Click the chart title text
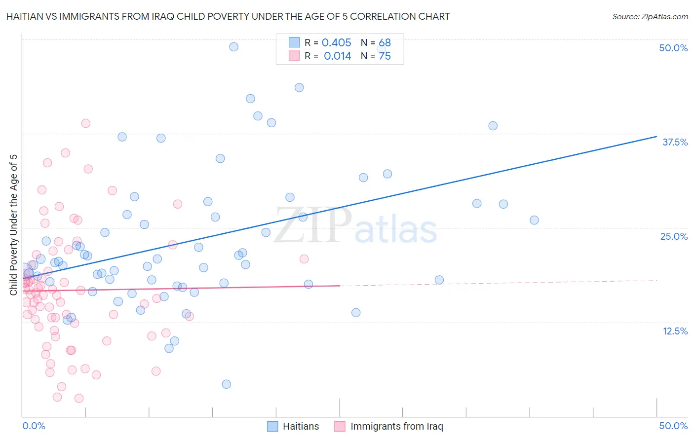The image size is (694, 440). pyautogui.click(x=228, y=16)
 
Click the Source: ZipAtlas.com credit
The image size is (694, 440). pyautogui.click(x=650, y=16)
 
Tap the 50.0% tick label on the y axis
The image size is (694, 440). pyautogui.click(x=673, y=48)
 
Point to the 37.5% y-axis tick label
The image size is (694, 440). pyautogui.click(x=675, y=142)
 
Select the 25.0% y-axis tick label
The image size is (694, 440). pyautogui.click(x=674, y=236)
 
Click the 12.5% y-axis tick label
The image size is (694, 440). pyautogui.click(x=675, y=331)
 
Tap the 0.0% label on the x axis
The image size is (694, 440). pyautogui.click(x=34, y=426)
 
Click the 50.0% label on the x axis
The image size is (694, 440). pyautogui.click(x=673, y=426)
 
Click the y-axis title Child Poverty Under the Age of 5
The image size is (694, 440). pyautogui.click(x=13, y=224)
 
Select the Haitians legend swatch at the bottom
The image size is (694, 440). pyautogui.click(x=272, y=426)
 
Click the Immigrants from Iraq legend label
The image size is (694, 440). pyautogui.click(x=396, y=426)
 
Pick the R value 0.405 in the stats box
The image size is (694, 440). pyautogui.click(x=336, y=43)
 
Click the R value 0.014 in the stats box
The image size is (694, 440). pyautogui.click(x=337, y=56)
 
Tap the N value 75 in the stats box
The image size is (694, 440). pyautogui.click(x=385, y=56)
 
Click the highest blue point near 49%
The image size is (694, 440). pyautogui.click(x=234, y=47)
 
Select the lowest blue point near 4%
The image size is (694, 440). pyautogui.click(x=227, y=384)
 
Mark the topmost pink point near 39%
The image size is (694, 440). pyautogui.click(x=86, y=123)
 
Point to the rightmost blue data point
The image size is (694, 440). pyautogui.click(x=534, y=220)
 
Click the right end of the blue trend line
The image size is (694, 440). pyautogui.click(x=656, y=136)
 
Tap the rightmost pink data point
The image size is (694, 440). pyautogui.click(x=304, y=259)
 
